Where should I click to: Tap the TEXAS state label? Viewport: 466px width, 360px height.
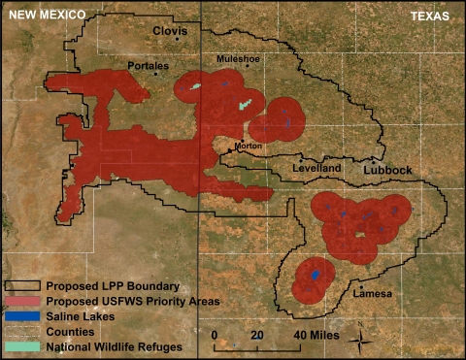click(x=428, y=16)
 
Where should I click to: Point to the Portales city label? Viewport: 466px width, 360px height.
click(x=148, y=66)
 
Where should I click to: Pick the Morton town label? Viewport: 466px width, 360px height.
click(x=249, y=145)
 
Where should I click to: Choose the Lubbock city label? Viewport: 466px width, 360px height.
click(x=387, y=170)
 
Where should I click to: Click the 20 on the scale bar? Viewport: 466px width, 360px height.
click(x=256, y=335)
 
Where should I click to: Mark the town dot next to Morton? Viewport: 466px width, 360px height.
click(x=228, y=150)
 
